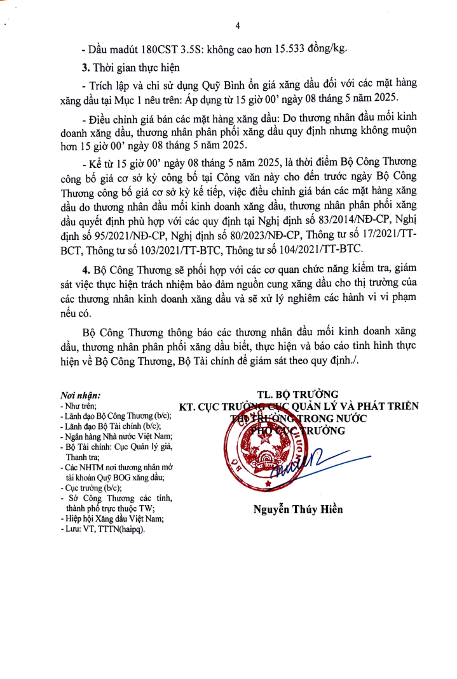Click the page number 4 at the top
point(237,26)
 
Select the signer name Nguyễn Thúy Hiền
point(298,509)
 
